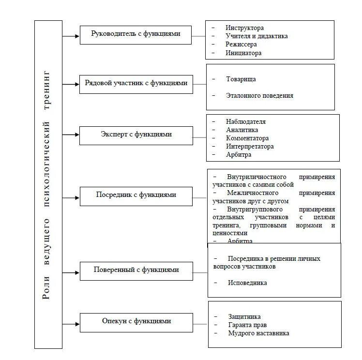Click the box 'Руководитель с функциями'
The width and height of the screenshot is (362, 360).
click(x=136, y=34)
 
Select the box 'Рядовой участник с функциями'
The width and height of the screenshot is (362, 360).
click(x=136, y=83)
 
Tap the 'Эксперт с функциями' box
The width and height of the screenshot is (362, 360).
click(x=136, y=135)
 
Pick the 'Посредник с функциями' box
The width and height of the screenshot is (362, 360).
click(x=136, y=195)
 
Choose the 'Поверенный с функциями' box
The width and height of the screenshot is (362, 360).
click(x=136, y=270)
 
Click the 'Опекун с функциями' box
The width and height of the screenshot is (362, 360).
click(x=136, y=321)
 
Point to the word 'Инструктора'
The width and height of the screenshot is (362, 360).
click(x=244, y=28)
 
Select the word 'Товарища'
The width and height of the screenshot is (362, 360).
click(x=241, y=79)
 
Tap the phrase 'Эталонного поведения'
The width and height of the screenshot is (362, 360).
click(x=259, y=95)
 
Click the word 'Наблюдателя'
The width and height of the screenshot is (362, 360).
click(x=245, y=121)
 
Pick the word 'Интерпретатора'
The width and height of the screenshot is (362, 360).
click(x=249, y=146)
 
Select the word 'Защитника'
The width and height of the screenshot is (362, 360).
click(x=244, y=316)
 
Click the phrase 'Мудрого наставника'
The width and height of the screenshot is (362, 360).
click(x=258, y=333)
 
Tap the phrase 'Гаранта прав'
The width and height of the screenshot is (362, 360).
click(x=246, y=325)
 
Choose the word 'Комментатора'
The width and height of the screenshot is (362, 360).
click(x=247, y=138)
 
